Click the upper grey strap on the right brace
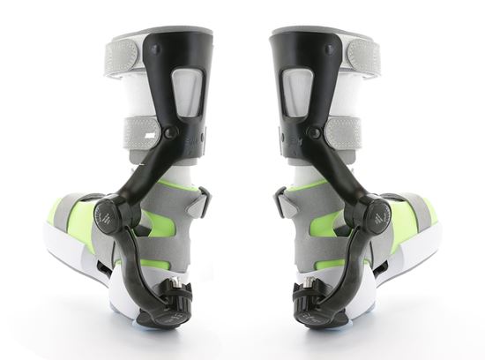362,56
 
